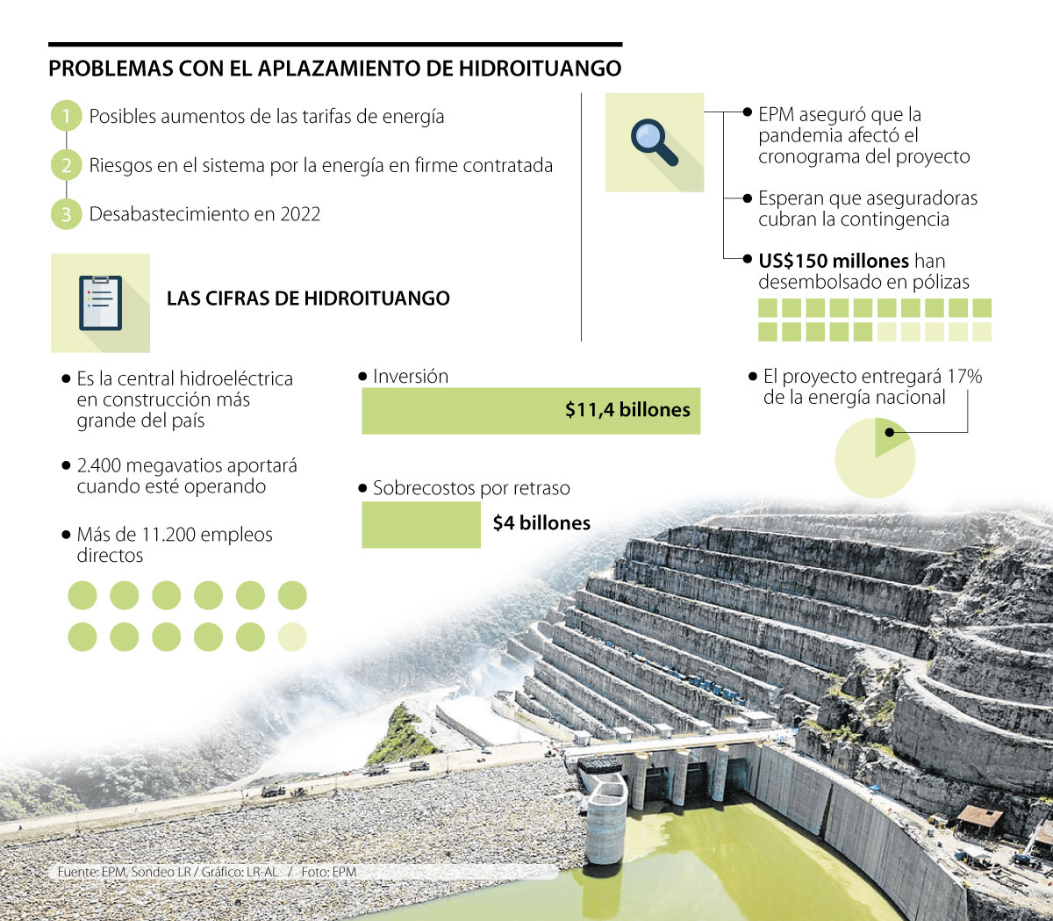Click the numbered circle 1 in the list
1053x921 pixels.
click(66, 116)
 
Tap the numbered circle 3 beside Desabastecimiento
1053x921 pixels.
click(66, 214)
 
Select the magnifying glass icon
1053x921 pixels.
click(654, 142)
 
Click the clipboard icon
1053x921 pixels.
click(100, 303)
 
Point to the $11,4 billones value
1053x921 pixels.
click(627, 410)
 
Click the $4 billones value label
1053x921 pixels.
click(541, 523)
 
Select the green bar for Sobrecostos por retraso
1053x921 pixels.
click(421, 525)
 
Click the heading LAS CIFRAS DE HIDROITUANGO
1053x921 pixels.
click(308, 299)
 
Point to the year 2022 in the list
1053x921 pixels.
click(300, 214)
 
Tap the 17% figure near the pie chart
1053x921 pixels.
click(964, 377)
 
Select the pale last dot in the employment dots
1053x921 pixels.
click(292, 637)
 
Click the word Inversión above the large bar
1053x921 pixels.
click(410, 377)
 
